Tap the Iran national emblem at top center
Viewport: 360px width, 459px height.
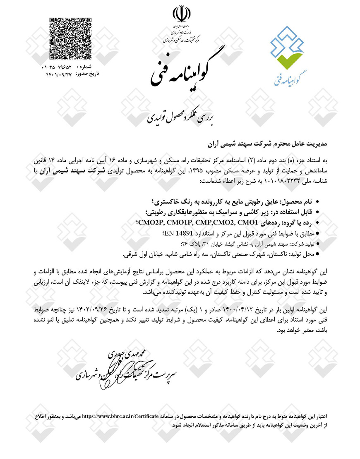click(x=180, y=14)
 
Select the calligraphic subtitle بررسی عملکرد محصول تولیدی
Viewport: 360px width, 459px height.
click(x=180, y=117)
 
